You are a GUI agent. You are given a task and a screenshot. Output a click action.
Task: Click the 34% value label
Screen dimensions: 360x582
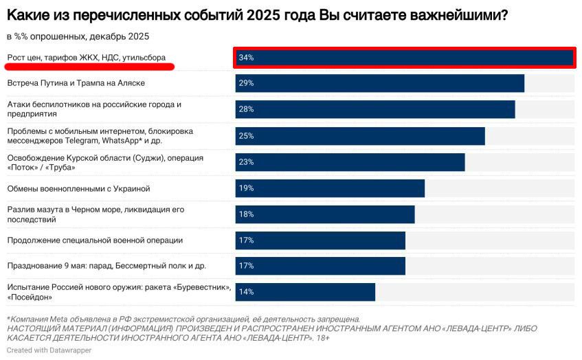pos(246,58)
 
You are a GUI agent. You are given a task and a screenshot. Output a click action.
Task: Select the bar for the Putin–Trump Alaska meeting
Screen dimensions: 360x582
pos(379,83)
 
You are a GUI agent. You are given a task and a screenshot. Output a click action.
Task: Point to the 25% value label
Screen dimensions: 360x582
pos(246,136)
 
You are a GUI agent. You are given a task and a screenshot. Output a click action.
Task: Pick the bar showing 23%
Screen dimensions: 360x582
pos(350,162)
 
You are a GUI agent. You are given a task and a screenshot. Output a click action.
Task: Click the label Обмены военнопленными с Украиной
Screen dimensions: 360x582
pos(78,188)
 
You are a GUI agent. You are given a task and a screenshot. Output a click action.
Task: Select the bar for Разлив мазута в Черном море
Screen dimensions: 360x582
pos(324,214)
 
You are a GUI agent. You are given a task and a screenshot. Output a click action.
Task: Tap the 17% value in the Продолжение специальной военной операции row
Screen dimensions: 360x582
pos(246,240)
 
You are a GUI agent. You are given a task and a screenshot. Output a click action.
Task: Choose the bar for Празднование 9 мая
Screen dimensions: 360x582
pos(320,266)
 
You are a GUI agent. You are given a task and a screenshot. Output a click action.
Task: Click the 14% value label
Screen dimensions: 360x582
pos(246,292)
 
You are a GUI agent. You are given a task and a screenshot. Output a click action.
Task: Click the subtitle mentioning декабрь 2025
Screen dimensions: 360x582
pos(78,36)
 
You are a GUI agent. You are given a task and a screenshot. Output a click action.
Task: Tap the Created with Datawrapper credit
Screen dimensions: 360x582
pos(49,350)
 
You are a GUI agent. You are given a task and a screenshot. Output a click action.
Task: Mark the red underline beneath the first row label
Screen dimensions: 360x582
pos(89,67)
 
